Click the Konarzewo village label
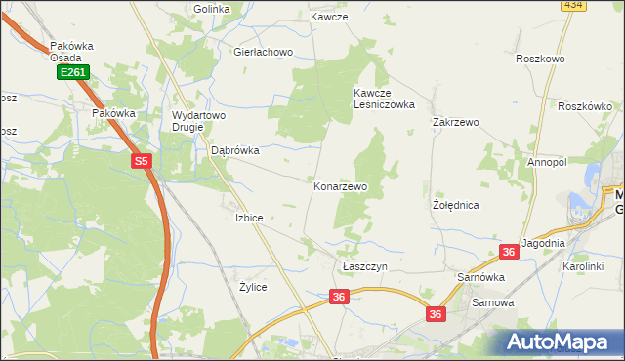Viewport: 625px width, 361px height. click(340, 186)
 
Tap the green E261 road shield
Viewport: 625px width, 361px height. click(71, 72)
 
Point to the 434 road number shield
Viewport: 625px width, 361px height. click(573, 5)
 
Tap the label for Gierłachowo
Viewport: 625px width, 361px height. click(263, 53)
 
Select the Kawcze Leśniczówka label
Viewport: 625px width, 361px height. click(384, 99)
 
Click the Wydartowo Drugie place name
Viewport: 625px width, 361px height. click(198, 121)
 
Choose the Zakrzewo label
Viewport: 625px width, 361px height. click(455, 123)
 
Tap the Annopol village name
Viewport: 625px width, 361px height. click(547, 162)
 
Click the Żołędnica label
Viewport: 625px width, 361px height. click(455, 206)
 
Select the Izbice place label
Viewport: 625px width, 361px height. click(249, 218)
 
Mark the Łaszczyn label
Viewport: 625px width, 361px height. click(365, 266)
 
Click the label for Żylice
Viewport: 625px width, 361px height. click(253, 288)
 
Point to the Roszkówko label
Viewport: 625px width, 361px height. click(585, 106)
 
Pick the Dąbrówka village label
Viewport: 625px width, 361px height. click(235, 151)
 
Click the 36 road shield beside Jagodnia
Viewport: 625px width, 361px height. click(508, 252)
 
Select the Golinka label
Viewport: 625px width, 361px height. click(211, 9)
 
